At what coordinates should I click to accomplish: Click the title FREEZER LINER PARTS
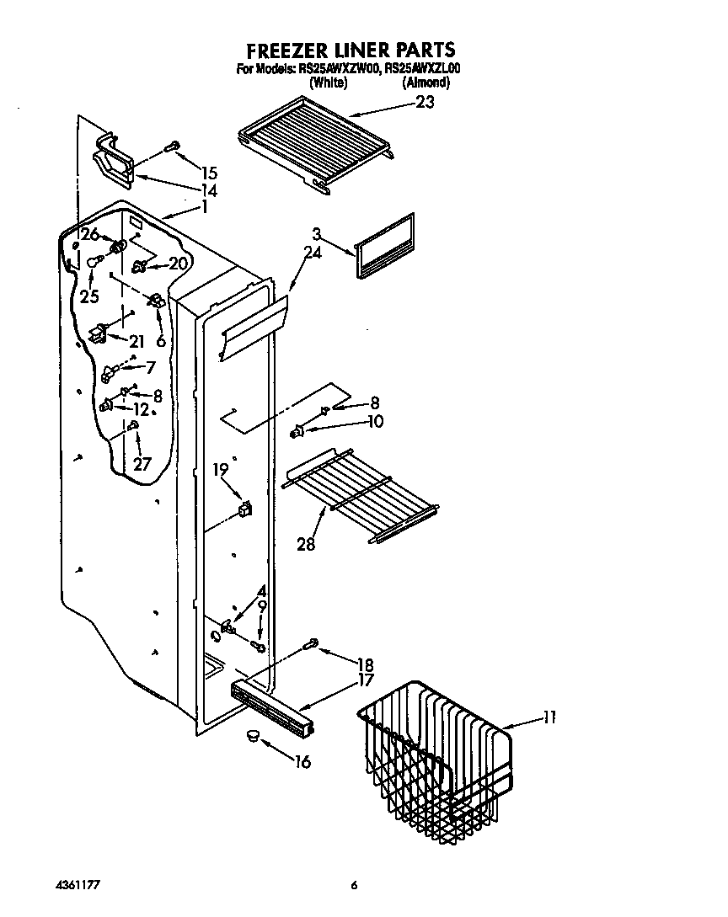pos(351,50)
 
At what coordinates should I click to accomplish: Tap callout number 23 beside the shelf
pos(426,102)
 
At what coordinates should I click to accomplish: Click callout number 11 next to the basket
pos(549,718)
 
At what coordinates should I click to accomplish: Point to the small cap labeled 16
pos(250,737)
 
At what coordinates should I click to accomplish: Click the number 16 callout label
pos(301,762)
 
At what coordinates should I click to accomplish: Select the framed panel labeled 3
pos(386,244)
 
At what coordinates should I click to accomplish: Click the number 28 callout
pos(306,544)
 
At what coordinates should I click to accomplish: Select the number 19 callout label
pos(220,470)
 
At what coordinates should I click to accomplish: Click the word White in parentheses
pos(329,83)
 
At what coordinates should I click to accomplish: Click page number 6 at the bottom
pos(355,885)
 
